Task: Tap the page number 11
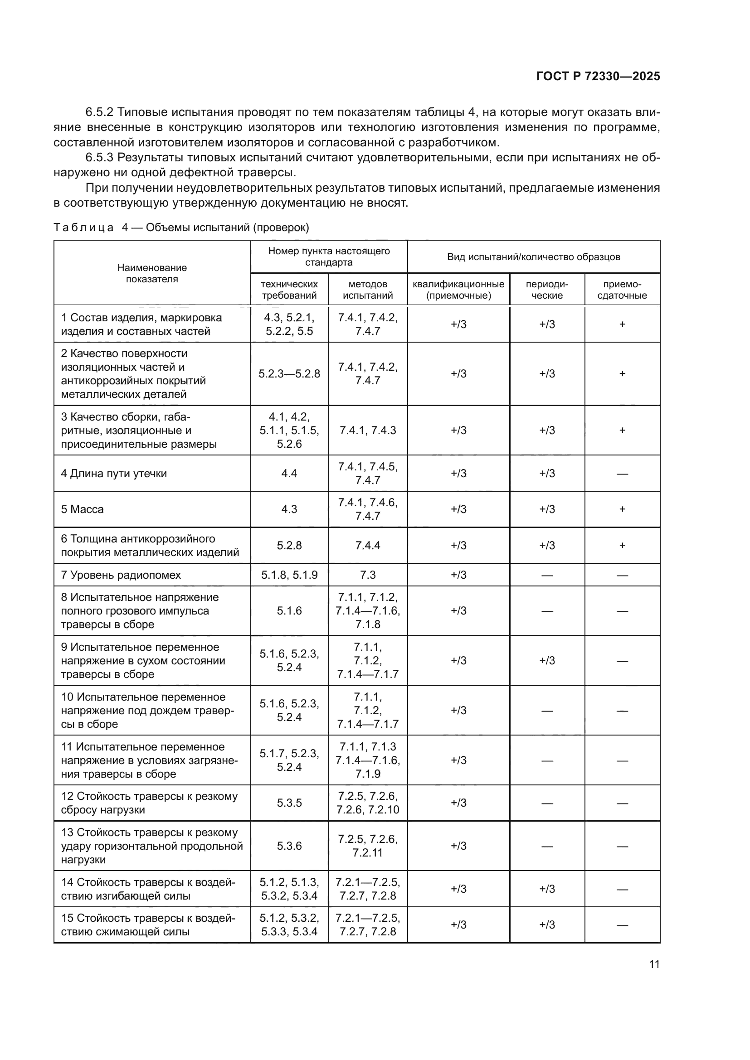click(x=654, y=964)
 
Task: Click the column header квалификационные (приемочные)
click(x=458, y=290)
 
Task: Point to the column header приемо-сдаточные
click(x=622, y=290)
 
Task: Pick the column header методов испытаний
click(x=368, y=290)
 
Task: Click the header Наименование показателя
click(x=152, y=273)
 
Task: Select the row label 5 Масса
click(x=83, y=509)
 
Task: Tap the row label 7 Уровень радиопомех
click(x=121, y=575)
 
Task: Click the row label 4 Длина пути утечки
click(x=114, y=473)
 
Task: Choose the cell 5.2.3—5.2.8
click(x=289, y=373)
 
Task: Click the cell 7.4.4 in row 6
click(x=368, y=545)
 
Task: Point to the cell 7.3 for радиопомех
click(x=368, y=575)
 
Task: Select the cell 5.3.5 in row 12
click(x=289, y=803)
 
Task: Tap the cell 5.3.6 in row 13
click(x=289, y=845)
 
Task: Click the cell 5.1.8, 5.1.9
click(x=289, y=575)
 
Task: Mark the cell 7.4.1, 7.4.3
click(x=368, y=430)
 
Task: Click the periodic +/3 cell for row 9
click(x=547, y=660)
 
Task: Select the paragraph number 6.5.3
click(x=99, y=158)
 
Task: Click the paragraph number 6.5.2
click(x=99, y=112)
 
